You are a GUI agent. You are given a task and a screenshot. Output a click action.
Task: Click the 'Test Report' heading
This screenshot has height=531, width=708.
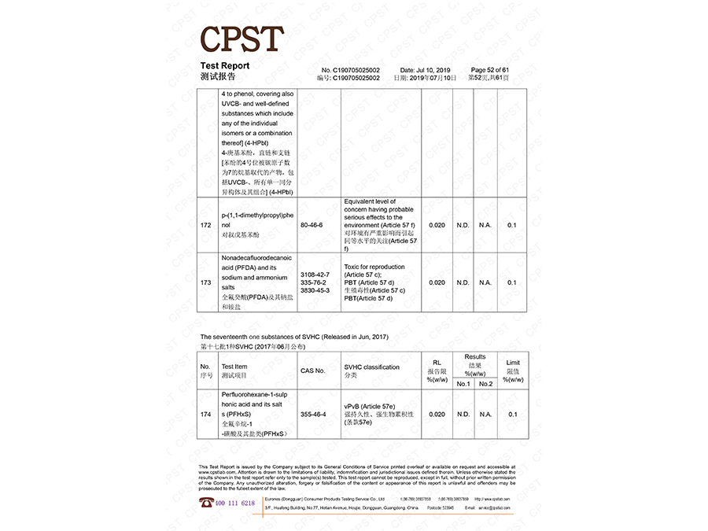tap(224, 66)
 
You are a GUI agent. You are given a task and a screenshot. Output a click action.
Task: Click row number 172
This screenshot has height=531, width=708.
tap(205, 225)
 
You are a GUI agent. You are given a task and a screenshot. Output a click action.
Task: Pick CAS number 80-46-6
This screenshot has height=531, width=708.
tap(312, 225)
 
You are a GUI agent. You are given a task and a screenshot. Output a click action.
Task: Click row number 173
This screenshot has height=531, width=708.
tap(205, 282)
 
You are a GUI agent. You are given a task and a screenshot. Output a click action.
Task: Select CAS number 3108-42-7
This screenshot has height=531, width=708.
tap(315, 274)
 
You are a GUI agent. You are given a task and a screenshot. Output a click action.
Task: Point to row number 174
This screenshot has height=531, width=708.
tap(205, 414)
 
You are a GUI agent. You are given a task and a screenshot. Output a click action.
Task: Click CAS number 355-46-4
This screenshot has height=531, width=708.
tap(312, 414)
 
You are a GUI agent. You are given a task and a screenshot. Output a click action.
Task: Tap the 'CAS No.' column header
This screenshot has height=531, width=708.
tap(312, 371)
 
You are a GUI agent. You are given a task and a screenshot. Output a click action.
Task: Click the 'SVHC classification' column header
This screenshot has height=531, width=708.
tap(371, 367)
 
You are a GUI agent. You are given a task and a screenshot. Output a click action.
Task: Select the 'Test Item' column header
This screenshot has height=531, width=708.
tap(234, 367)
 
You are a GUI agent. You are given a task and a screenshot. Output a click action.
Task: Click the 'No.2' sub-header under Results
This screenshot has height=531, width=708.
tap(485, 384)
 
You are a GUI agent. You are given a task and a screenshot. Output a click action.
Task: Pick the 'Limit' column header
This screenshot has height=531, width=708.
tap(513, 363)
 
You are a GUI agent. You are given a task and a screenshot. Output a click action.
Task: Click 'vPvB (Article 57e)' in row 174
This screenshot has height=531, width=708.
tap(369, 406)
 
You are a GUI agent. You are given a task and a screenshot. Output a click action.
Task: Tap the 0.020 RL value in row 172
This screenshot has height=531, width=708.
tap(437, 225)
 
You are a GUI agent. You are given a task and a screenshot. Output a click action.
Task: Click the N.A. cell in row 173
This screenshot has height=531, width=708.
tap(485, 282)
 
